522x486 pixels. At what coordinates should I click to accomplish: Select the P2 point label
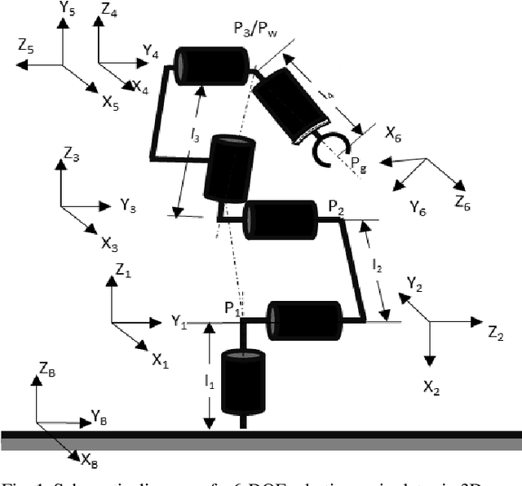point(336,208)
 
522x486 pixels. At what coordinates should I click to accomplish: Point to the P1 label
point(232,308)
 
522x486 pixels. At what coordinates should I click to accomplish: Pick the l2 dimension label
point(376,264)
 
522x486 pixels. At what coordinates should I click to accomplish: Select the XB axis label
point(89,462)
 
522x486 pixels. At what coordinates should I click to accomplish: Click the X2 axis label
point(431,387)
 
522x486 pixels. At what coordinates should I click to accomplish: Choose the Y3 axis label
point(128,205)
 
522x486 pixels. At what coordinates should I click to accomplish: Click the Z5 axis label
point(26,48)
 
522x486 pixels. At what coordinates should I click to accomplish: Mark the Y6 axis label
point(417,206)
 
